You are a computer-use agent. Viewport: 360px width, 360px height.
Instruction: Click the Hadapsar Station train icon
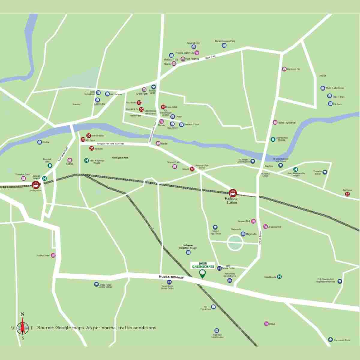click(x=232, y=193)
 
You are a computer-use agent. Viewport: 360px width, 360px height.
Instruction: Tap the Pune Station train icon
click(x=36, y=184)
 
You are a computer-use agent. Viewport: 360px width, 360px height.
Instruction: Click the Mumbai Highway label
click(x=171, y=277)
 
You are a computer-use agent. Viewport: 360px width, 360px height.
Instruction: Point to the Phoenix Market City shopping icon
click(x=197, y=53)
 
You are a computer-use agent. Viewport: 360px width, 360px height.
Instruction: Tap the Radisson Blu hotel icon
click(x=284, y=69)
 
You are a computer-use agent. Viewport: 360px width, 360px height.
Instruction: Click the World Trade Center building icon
click(x=322, y=88)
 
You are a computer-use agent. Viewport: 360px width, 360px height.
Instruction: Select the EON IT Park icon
click(x=330, y=96)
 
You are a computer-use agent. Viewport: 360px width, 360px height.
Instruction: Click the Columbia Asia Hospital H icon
click(x=273, y=139)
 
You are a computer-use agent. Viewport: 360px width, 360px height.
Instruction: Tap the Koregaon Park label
click(x=120, y=157)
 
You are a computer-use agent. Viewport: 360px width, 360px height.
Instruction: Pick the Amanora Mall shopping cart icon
click(x=265, y=226)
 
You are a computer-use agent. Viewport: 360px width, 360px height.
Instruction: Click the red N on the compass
click(x=22, y=314)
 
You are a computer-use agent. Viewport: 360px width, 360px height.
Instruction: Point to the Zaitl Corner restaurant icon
click(x=347, y=194)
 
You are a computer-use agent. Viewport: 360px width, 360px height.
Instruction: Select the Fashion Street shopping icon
click(x=53, y=256)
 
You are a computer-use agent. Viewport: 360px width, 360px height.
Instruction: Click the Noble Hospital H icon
click(x=279, y=277)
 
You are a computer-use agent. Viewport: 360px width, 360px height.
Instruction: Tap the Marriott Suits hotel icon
click(x=175, y=166)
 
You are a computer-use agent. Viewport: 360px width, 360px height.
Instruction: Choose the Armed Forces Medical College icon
click(x=96, y=284)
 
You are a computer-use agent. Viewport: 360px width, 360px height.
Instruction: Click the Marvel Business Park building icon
click(x=224, y=45)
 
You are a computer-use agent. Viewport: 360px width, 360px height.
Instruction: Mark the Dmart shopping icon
click(x=266, y=324)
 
